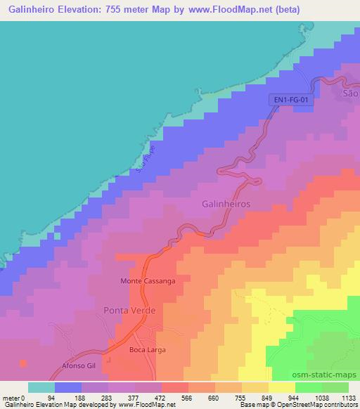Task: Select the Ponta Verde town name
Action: (129, 310)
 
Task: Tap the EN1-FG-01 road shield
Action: (290, 101)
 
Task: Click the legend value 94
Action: (50, 397)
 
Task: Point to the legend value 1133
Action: (347, 397)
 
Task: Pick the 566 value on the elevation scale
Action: (187, 397)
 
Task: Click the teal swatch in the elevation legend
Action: (41, 387)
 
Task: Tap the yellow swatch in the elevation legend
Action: (282, 387)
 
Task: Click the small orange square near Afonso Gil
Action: (23, 363)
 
